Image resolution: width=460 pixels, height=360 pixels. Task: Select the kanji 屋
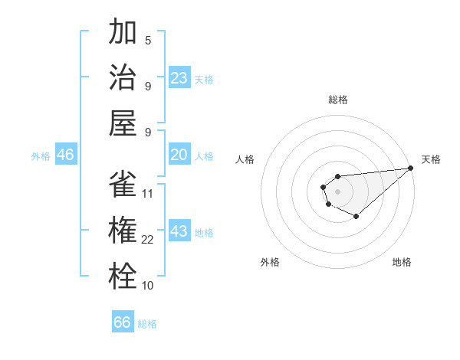click(x=123, y=122)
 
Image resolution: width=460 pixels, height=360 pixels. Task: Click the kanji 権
click(x=123, y=231)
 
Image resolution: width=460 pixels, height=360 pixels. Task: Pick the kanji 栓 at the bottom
click(x=123, y=276)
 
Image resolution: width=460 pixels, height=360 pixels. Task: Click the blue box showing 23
click(x=179, y=77)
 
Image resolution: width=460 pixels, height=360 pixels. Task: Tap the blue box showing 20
click(x=179, y=155)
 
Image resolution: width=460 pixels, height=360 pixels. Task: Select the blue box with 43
click(x=179, y=231)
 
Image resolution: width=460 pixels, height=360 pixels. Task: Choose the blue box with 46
click(x=65, y=155)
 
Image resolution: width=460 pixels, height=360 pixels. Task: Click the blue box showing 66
click(x=123, y=322)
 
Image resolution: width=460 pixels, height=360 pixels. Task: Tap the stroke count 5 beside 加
click(x=148, y=41)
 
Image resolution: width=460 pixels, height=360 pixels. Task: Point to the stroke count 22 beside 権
click(x=148, y=240)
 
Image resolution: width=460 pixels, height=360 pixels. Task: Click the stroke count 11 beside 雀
click(x=148, y=194)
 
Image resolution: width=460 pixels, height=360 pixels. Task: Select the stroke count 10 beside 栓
click(x=148, y=286)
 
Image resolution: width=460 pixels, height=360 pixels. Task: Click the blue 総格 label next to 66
click(x=147, y=324)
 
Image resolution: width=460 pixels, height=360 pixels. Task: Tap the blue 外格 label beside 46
click(x=41, y=156)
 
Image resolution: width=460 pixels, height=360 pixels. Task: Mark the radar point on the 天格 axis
click(x=410, y=168)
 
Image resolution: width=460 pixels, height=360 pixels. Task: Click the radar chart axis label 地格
click(x=402, y=262)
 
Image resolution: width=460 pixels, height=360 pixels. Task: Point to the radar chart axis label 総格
click(x=337, y=100)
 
